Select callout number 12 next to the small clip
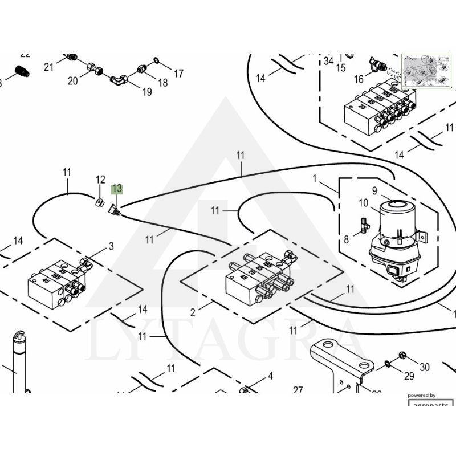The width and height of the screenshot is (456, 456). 100,180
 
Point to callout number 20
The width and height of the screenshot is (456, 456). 72,81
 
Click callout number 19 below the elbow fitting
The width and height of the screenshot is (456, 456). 147,91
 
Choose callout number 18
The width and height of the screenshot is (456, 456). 163,83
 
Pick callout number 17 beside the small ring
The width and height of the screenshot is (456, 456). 178,74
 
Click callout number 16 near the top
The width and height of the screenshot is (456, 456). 359,78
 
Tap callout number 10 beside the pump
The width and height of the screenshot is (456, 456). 364,203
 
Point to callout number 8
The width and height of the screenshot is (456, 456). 346,240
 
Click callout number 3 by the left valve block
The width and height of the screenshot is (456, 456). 111,246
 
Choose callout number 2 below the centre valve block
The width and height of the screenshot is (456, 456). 193,312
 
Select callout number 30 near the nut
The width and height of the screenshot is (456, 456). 424,367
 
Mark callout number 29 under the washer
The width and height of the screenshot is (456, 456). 409,376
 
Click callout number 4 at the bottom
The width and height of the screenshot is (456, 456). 270,376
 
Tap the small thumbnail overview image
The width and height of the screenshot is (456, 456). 426,71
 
